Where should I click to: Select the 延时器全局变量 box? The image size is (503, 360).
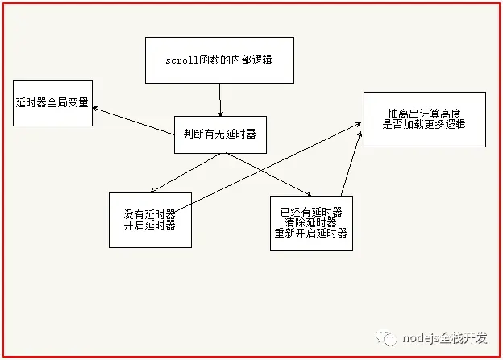click(x=52, y=103)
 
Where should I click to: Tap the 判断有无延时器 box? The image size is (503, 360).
click(x=219, y=134)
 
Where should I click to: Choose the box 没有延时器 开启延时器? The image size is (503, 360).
click(x=150, y=220)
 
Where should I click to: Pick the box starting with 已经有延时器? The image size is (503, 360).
click(x=310, y=222)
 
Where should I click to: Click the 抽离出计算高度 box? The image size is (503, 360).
click(x=424, y=118)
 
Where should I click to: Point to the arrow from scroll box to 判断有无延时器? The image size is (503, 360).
click(x=220, y=100)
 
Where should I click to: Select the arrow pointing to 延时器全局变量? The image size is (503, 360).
click(x=133, y=121)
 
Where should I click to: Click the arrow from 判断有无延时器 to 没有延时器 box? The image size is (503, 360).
click(x=187, y=172)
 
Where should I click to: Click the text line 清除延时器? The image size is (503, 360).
click(x=310, y=222)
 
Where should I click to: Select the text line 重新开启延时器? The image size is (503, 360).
click(x=310, y=234)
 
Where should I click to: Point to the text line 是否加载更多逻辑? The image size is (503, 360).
click(x=424, y=125)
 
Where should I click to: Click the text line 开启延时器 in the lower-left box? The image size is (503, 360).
click(x=150, y=226)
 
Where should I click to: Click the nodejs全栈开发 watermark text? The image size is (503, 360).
click(x=447, y=338)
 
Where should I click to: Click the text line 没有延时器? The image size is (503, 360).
click(x=150, y=214)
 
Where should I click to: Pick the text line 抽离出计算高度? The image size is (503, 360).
click(x=424, y=113)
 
